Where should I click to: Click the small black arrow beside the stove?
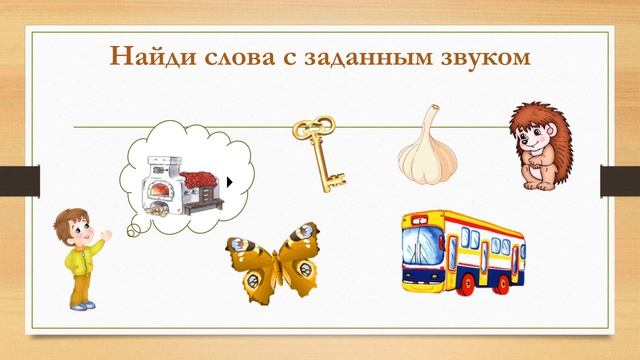229,183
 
